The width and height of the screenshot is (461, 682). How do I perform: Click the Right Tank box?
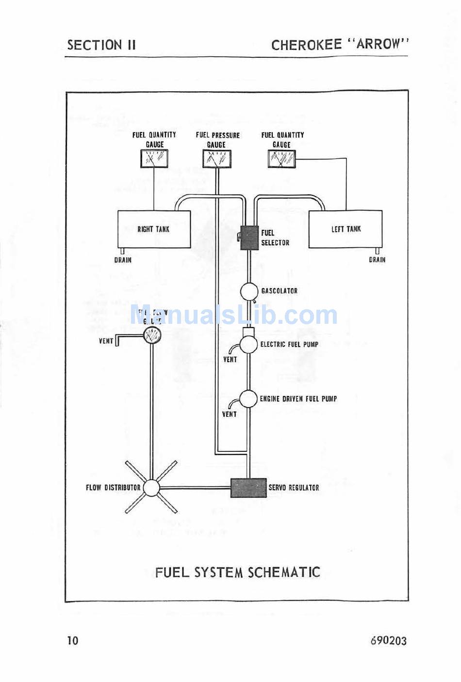pos(154,229)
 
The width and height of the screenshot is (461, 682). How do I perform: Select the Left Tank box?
pos(346,229)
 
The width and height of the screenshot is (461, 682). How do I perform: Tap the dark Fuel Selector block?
pos(249,238)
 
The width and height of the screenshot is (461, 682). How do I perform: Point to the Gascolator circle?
pos(249,291)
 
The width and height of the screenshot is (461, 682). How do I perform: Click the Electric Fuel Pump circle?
pos(249,344)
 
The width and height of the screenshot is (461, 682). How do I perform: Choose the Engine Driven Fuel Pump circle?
pos(249,399)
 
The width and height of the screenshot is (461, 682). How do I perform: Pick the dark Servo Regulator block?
pos(248,488)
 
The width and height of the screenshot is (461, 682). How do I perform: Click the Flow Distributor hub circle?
pos(151,488)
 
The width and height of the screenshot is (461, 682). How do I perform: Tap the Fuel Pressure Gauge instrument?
pos(216,159)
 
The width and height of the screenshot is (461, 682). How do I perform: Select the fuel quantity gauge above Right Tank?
pos(154,159)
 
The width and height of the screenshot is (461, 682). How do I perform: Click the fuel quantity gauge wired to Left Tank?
pos(281,159)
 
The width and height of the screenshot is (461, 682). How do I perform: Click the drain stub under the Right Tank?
pos(122,251)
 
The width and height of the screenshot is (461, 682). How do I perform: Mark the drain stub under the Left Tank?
pos(377,251)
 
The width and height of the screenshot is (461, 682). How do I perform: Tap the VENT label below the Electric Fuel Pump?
pos(230,360)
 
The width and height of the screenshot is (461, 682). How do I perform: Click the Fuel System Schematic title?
pos(237,572)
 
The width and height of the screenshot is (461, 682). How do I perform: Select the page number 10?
pos(72,640)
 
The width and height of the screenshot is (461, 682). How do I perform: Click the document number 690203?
pos(388,640)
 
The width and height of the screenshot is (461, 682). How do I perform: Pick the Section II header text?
pos(101,45)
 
